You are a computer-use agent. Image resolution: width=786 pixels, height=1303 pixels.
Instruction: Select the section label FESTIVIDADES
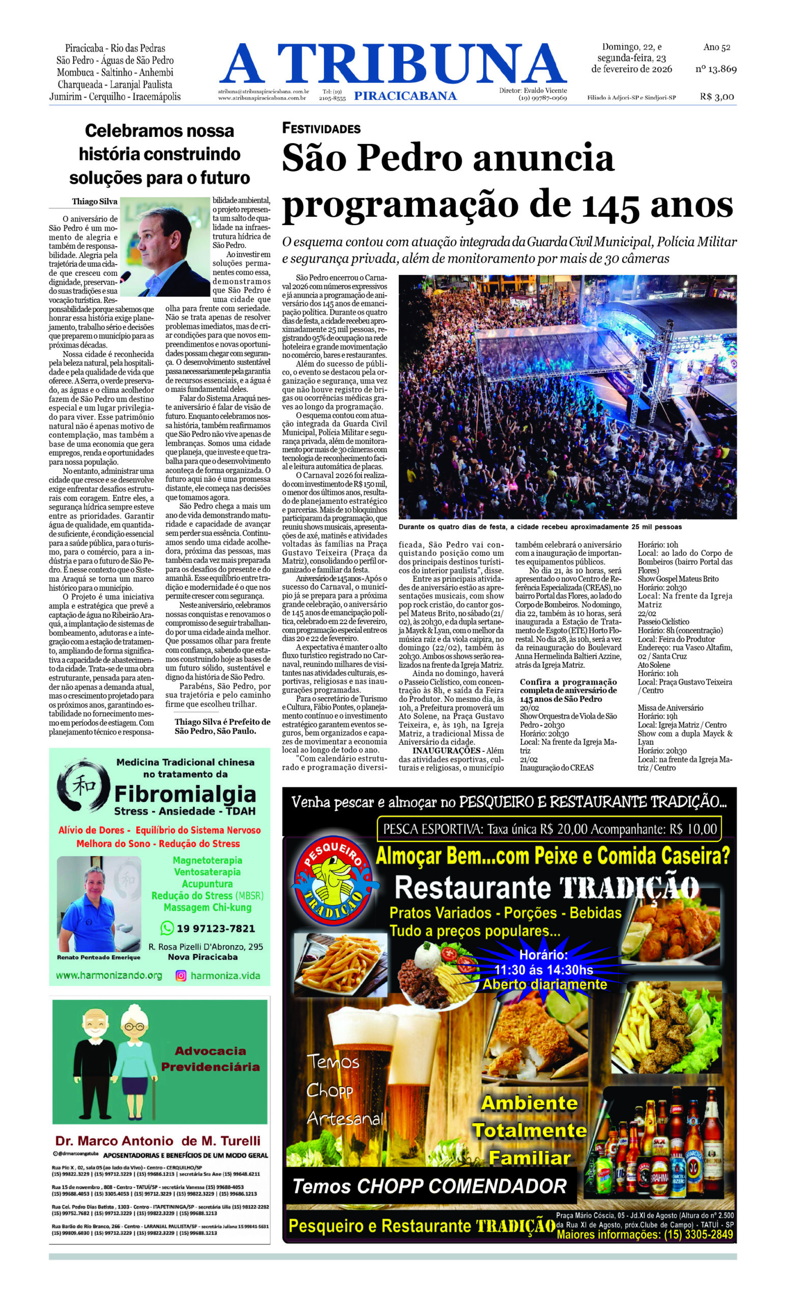321,128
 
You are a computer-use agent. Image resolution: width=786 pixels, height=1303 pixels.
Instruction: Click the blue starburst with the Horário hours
543,969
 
